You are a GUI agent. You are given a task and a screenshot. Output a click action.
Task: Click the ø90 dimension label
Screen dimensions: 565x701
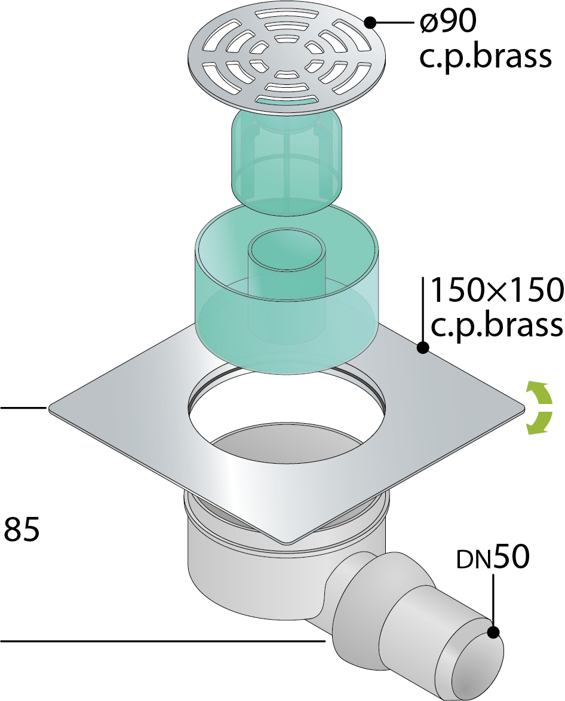448,21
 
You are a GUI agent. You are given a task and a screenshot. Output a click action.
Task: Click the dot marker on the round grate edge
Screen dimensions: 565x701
370,22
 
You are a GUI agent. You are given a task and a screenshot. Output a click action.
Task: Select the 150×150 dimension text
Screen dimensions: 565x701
497,290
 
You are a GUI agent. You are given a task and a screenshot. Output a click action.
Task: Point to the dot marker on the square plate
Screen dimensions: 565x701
422,347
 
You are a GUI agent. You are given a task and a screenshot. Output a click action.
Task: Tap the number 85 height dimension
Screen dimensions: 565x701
22,529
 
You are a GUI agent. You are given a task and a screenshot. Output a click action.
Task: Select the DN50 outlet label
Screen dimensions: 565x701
493,556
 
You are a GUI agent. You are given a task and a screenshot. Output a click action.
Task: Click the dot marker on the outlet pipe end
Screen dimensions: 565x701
493,632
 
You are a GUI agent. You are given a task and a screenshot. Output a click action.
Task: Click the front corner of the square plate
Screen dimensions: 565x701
286,543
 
